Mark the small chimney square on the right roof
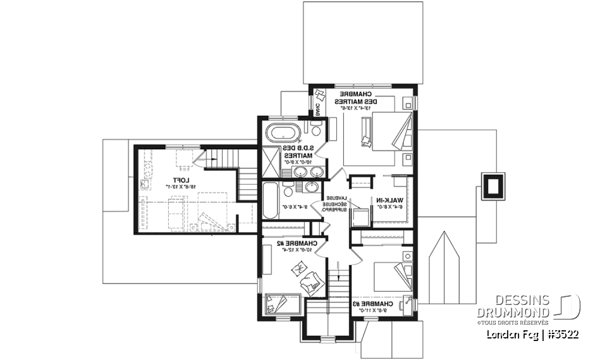[493, 185]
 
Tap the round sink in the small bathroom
[311, 187]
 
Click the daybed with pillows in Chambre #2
[279, 304]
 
